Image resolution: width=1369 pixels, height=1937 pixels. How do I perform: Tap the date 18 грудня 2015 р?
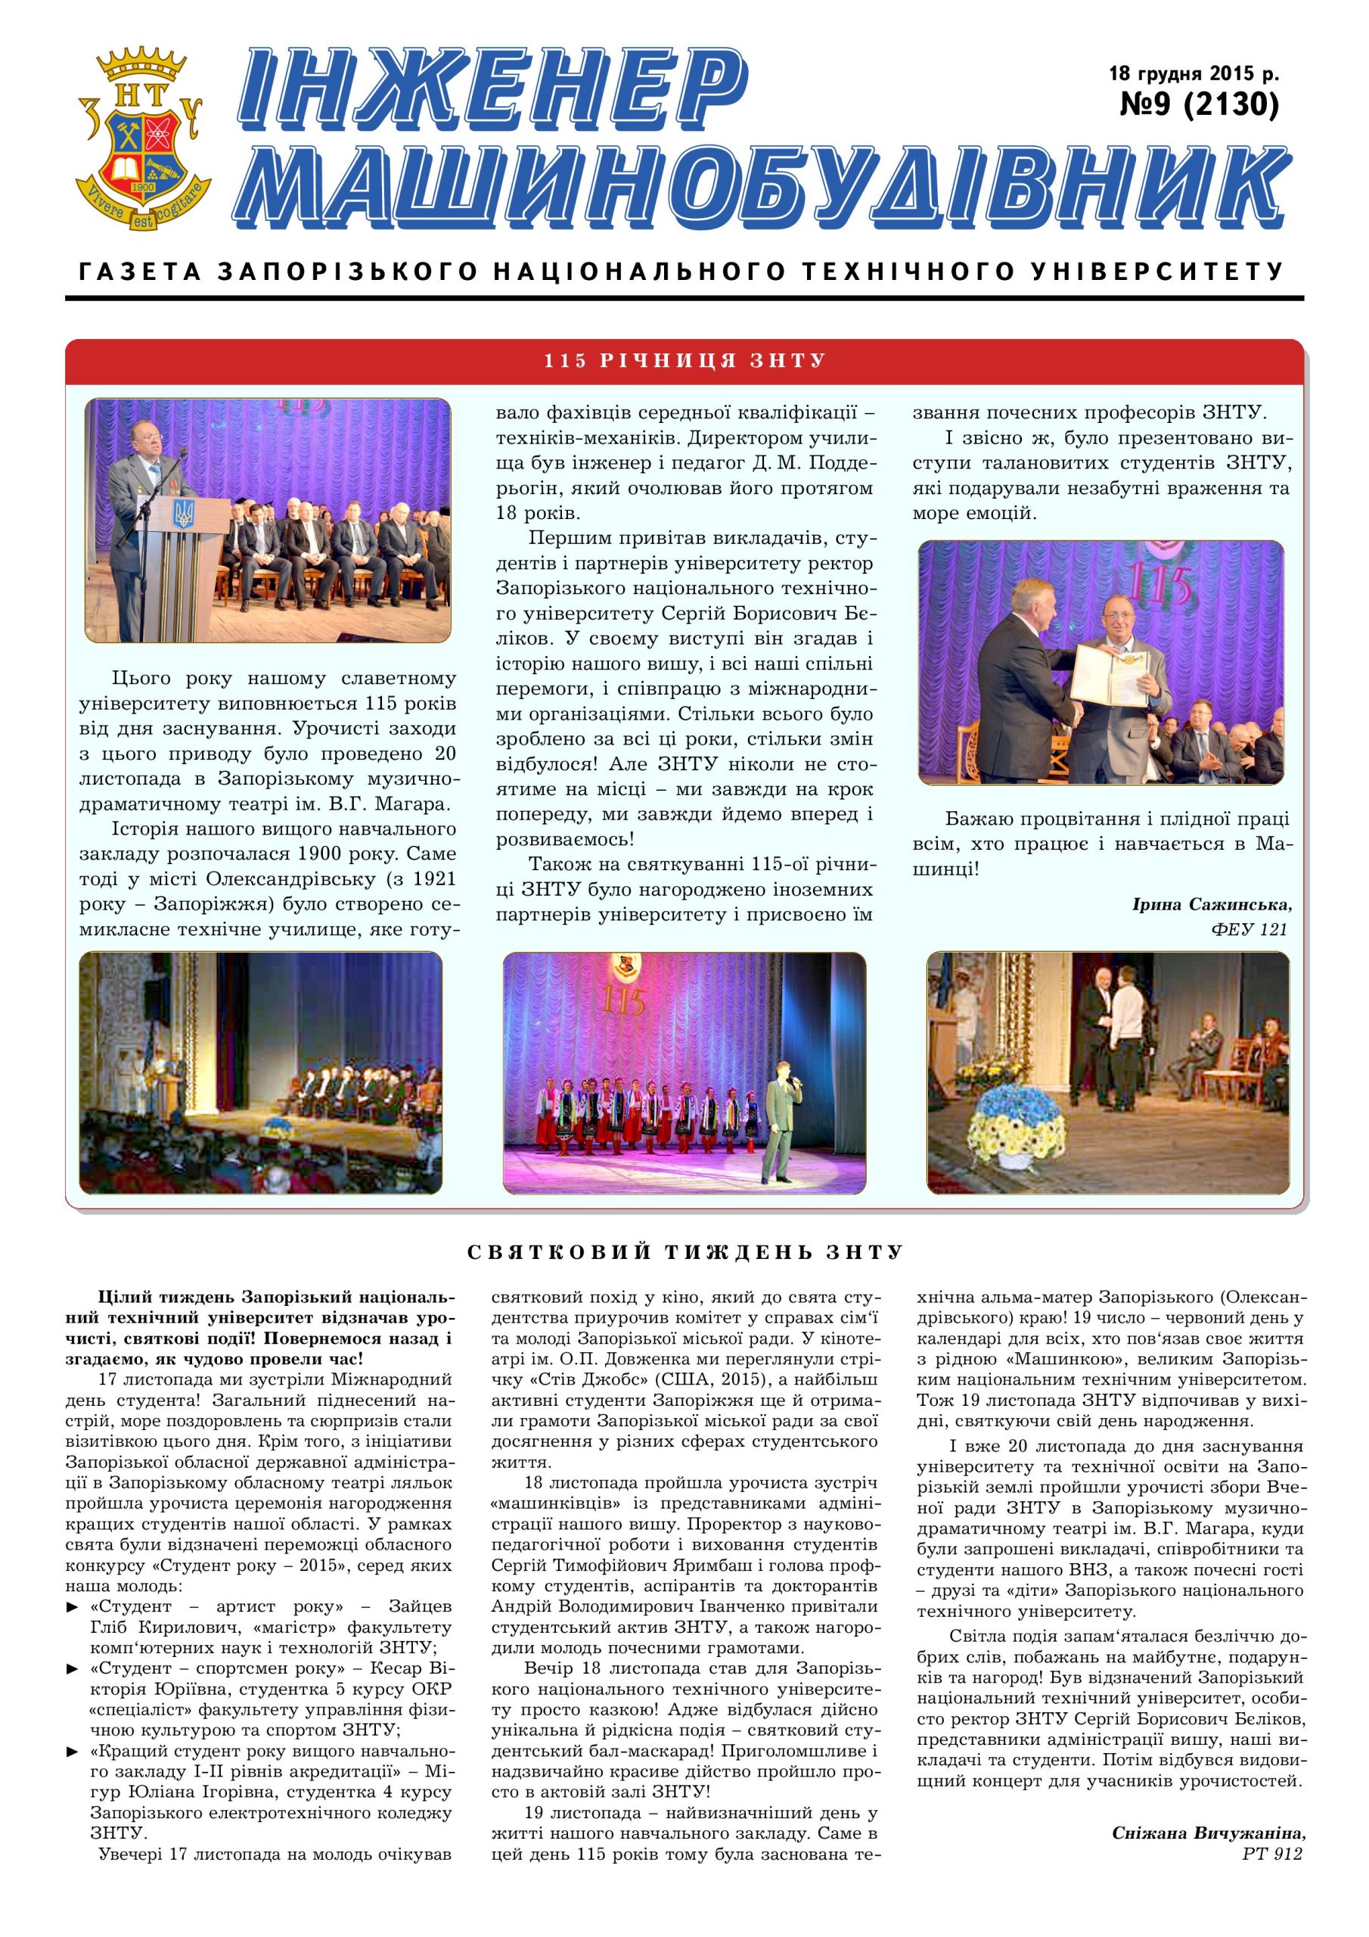coord(1194,73)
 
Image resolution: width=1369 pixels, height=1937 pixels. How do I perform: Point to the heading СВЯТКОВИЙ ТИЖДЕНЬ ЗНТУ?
coord(685,1252)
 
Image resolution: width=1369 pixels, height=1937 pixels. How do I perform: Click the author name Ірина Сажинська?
coord(1211,904)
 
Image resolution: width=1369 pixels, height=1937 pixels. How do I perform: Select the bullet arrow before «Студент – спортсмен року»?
coord(73,1668)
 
